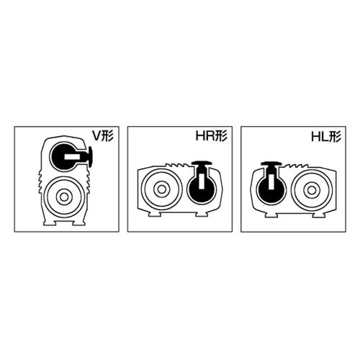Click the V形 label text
pos(103,136)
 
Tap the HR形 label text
pos(212,136)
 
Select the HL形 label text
pos(326,137)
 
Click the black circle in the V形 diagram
pos(63,156)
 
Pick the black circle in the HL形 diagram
pos(271,189)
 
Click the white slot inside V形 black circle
pos(72,157)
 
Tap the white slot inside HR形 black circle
pos(201,181)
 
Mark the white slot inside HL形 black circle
pos(271,181)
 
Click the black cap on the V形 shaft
pos(91,157)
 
